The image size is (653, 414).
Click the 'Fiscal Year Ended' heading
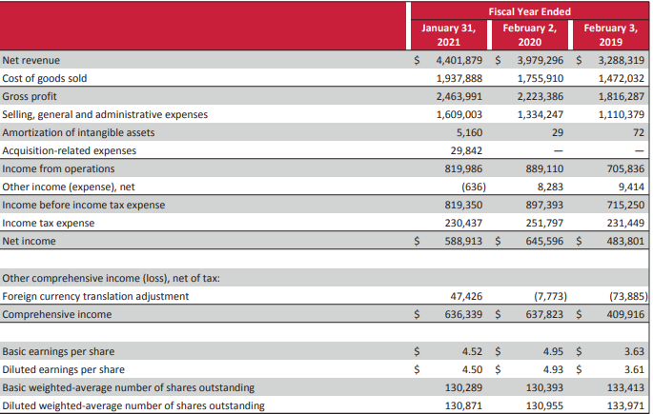tap(529, 11)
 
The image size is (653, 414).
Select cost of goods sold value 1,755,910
tap(541, 78)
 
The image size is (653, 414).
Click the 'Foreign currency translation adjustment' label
tap(95, 296)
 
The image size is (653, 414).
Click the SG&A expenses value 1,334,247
tap(541, 114)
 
